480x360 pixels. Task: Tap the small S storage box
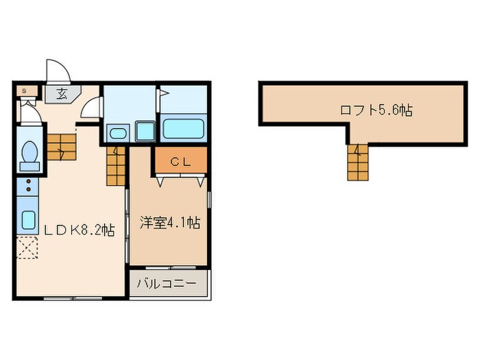(x=25, y=90)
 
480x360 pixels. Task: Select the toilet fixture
(x=29, y=155)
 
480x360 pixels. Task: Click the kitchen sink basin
(x=29, y=220)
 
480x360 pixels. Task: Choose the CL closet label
(x=179, y=162)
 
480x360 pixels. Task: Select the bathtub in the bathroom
(x=182, y=128)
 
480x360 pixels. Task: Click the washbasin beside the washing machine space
(x=117, y=132)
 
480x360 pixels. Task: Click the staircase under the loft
(x=357, y=163)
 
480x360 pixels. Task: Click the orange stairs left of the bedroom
(x=117, y=165)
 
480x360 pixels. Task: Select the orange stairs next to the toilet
(x=60, y=146)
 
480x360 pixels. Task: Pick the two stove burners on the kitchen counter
(x=29, y=184)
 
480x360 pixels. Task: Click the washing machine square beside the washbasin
(x=145, y=130)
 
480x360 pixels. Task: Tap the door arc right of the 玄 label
(x=93, y=108)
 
